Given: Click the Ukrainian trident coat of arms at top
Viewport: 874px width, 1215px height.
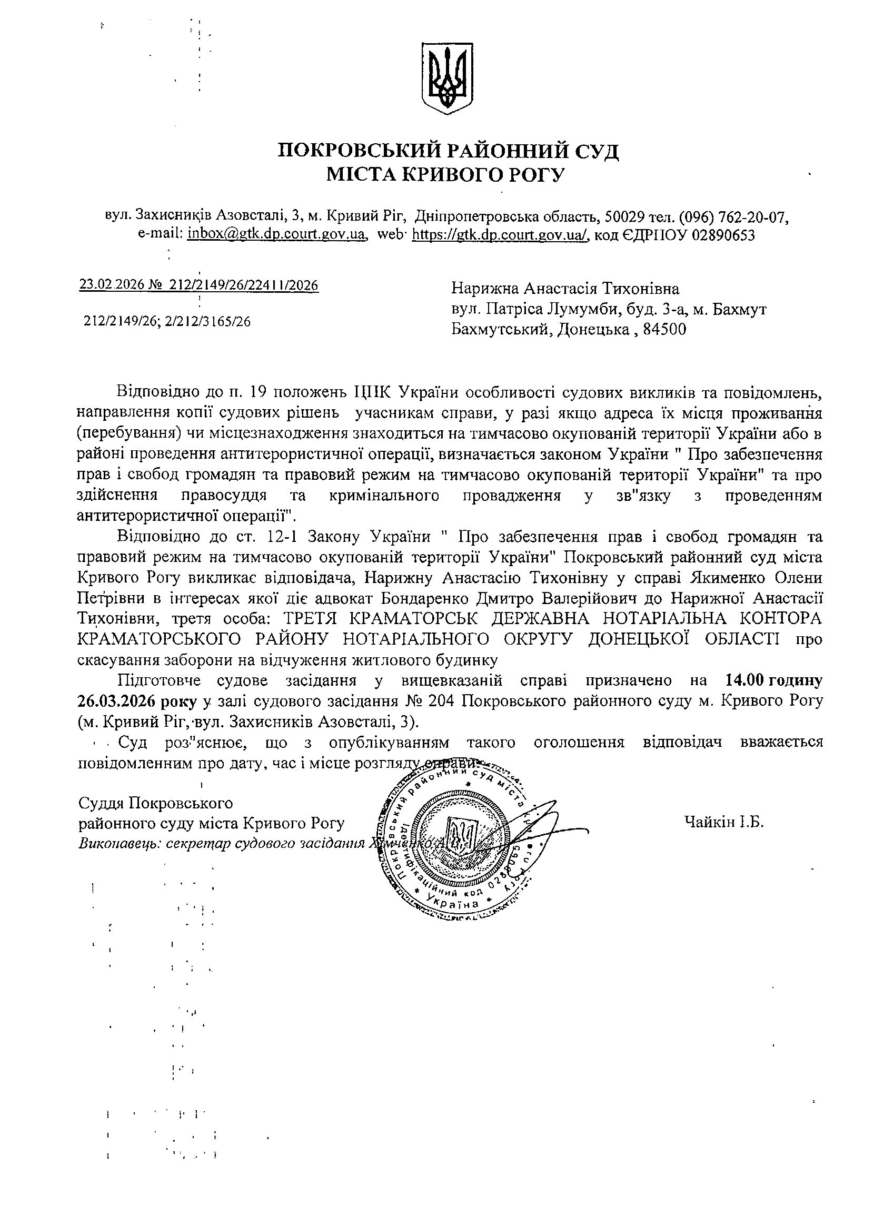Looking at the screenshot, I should [x=448, y=79].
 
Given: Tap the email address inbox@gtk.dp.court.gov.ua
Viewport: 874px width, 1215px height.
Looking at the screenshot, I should [x=276, y=235].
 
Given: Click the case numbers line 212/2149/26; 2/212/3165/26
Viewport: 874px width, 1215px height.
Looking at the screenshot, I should [x=167, y=321].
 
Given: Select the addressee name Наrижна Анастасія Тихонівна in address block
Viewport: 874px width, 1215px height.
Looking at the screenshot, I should [x=565, y=289].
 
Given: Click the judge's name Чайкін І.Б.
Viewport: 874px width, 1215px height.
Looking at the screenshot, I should [x=723, y=821].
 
